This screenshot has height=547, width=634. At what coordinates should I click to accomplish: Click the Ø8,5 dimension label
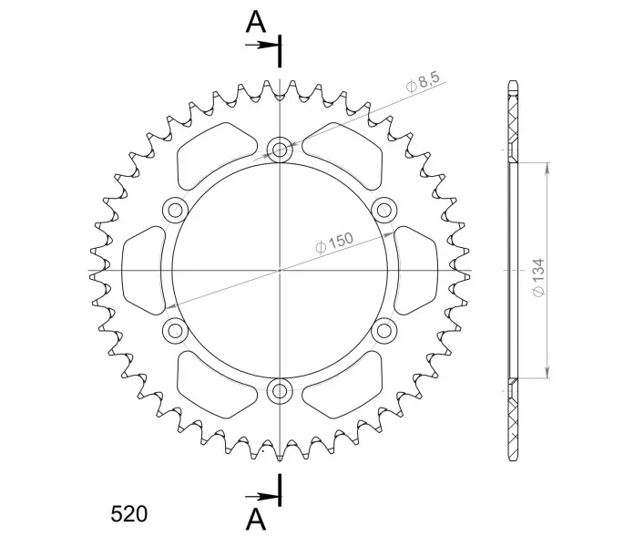coord(423,83)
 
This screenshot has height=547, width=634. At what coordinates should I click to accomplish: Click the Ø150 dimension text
coord(334,243)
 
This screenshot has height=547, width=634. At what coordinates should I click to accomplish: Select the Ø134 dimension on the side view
coord(539,277)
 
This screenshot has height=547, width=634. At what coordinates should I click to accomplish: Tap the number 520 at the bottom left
coord(129,514)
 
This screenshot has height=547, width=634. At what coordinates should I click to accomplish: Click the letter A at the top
coord(256,22)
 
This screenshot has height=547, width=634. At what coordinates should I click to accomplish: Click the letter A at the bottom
coord(256,519)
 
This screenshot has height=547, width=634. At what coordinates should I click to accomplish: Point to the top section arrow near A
coord(261,45)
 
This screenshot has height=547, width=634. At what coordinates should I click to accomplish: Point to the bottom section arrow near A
coord(261,496)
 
